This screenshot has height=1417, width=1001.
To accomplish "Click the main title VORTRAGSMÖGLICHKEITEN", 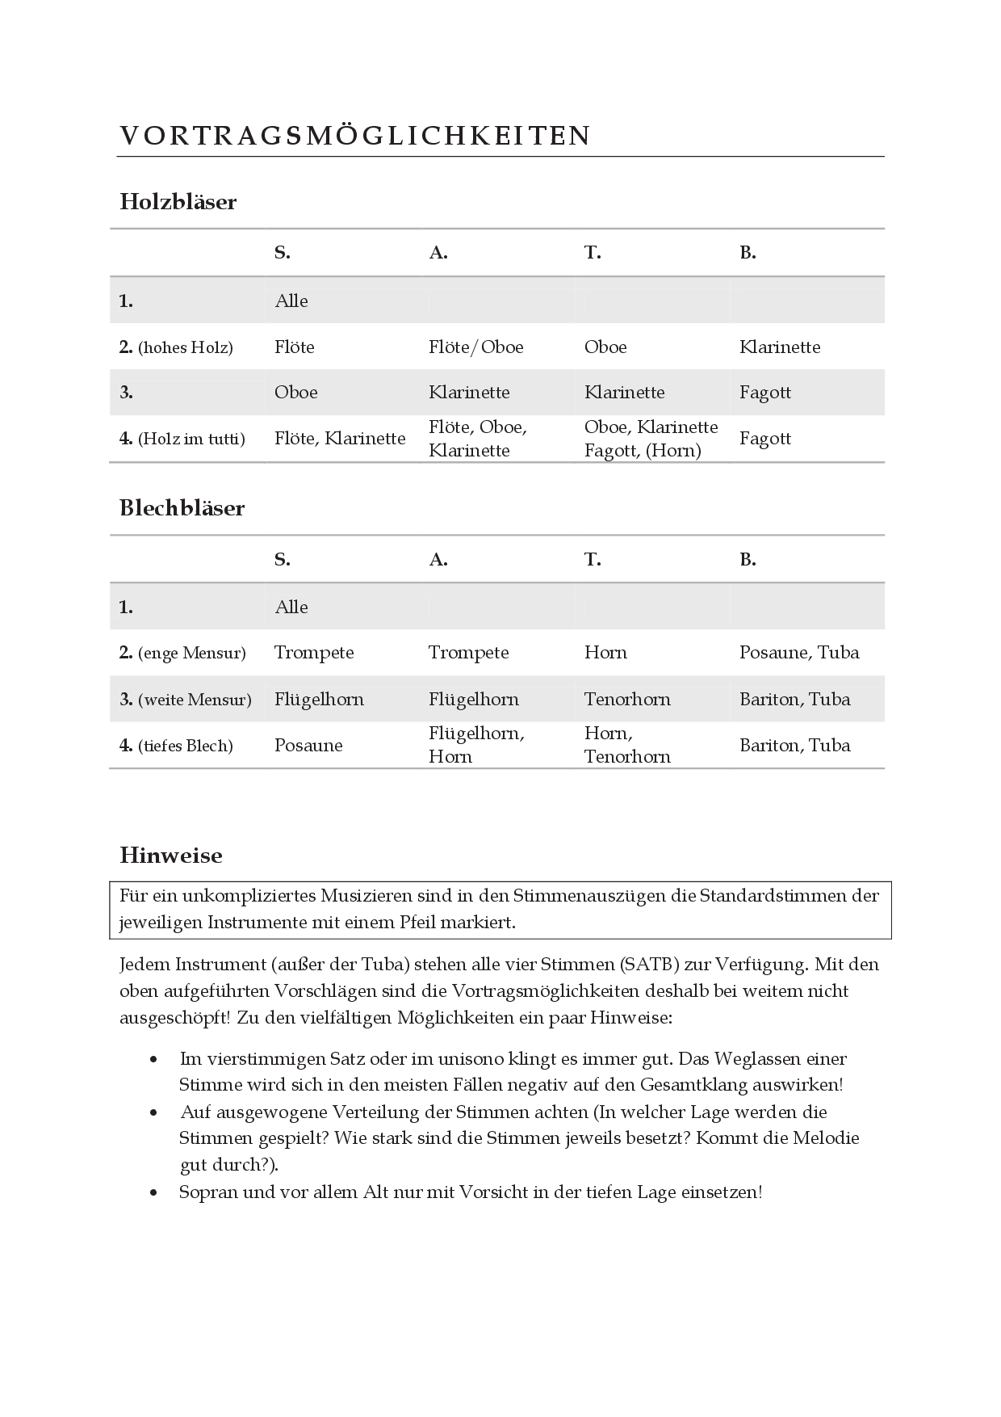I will coord(355,136).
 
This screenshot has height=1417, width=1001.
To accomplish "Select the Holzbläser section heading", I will coord(178,202).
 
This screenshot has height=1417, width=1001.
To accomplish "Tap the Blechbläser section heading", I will coord(182,508).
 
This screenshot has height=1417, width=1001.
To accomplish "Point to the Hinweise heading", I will coord(170,856).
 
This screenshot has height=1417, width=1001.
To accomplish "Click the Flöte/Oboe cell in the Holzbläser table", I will coord(475,347).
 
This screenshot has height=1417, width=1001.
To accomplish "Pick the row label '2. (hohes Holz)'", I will coord(176,347).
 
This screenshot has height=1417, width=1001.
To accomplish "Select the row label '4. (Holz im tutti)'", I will coord(182,439).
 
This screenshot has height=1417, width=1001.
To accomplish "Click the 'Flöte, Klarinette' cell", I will coord(339,439).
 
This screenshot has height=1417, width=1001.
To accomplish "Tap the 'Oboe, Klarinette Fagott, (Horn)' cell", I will coord(651,439).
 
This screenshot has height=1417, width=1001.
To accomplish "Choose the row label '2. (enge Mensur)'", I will coord(182,653).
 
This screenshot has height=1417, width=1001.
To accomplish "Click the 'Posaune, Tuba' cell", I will coord(798,653).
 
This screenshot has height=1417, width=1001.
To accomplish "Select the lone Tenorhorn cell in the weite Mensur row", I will coord(627,700).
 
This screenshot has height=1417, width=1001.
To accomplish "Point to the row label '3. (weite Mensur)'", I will coord(185,700).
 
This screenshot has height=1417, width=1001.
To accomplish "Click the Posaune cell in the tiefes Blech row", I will coord(308,746).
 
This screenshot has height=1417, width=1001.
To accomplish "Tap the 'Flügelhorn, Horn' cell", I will coord(476,745).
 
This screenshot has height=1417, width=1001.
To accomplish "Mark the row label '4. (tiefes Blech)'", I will coord(176,746).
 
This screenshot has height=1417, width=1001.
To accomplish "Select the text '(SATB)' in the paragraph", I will coord(651,965).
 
